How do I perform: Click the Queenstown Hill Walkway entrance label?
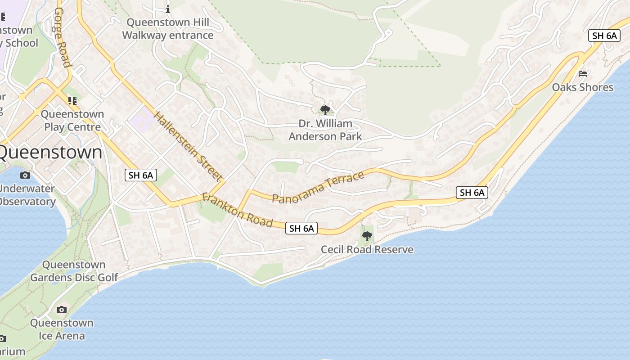pyautogui.click(x=168, y=29)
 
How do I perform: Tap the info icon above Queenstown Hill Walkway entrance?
pyautogui.click(x=168, y=9)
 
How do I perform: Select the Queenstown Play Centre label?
pyautogui.click(x=72, y=121)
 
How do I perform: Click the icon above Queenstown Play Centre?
pyautogui.click(x=72, y=101)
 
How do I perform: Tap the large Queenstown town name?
pyautogui.click(x=49, y=152)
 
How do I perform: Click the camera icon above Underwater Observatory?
pyautogui.click(x=25, y=175)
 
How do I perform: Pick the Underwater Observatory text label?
pyautogui.click(x=27, y=195)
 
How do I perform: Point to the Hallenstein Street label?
pyautogui.click(x=188, y=146)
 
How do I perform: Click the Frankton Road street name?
pyautogui.click(x=237, y=210)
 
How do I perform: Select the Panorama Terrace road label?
pyautogui.click(x=318, y=187)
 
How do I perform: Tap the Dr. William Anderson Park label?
pyautogui.click(x=325, y=130)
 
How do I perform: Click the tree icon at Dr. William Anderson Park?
pyautogui.click(x=325, y=110)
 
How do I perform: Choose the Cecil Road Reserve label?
pyautogui.click(x=367, y=249)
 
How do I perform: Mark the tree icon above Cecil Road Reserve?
pyautogui.click(x=367, y=236)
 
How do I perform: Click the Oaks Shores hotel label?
pyautogui.click(x=583, y=87)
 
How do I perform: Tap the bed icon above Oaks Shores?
pyautogui.click(x=583, y=74)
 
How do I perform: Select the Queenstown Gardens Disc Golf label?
pyautogui.click(x=74, y=271)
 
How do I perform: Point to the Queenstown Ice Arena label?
pyautogui.click(x=62, y=329)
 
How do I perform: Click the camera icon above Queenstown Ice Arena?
pyautogui.click(x=62, y=310)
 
